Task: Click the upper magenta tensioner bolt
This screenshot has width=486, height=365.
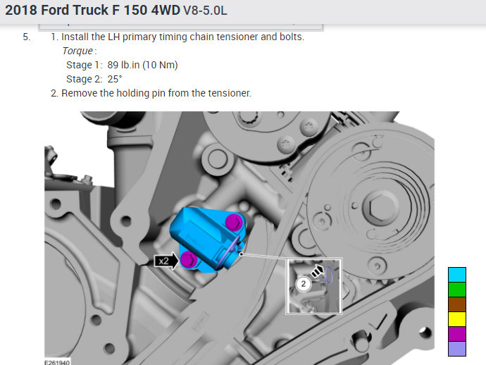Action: (233, 223)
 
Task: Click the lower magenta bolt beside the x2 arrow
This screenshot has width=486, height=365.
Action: (189, 259)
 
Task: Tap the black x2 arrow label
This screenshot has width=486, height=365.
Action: (166, 261)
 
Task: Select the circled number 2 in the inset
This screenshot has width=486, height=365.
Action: (304, 284)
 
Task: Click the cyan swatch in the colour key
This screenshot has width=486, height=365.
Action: (457, 275)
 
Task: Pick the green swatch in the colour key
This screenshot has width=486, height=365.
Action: (457, 290)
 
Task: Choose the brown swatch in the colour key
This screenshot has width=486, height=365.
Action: (457, 304)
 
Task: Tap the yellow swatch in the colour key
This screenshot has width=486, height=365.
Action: (457, 319)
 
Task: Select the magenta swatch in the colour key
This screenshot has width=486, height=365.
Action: (457, 334)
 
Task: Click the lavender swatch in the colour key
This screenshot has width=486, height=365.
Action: (457, 349)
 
